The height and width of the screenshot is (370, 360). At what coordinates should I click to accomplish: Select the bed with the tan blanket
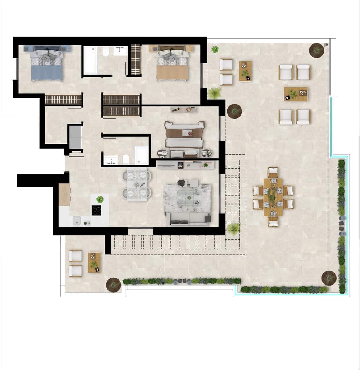coord(172,66)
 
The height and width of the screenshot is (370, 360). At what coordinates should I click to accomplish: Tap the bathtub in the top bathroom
coord(90,60)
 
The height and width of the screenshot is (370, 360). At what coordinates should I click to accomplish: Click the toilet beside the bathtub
coord(105,52)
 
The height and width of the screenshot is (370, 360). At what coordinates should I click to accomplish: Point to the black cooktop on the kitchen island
coord(97,210)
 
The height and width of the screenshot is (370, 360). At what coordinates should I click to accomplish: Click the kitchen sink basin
coord(77,220)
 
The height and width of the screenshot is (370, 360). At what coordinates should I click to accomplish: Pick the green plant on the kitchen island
coord(100,199)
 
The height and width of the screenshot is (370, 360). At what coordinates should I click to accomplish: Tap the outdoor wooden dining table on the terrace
coord(273,197)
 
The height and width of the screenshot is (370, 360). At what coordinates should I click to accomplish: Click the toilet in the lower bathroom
coord(126,159)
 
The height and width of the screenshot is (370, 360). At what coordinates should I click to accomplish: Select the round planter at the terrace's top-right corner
coord(317,50)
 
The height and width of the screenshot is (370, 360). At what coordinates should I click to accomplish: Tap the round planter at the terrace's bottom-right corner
coord(329,277)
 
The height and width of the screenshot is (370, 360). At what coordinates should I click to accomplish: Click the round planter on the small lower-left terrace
coord(114,285)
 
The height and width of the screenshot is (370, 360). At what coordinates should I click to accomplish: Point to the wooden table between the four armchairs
coord(296,94)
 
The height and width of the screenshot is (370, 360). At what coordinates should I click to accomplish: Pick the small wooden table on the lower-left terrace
coord(94,262)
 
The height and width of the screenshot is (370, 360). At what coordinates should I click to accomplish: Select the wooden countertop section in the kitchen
coord(64,195)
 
